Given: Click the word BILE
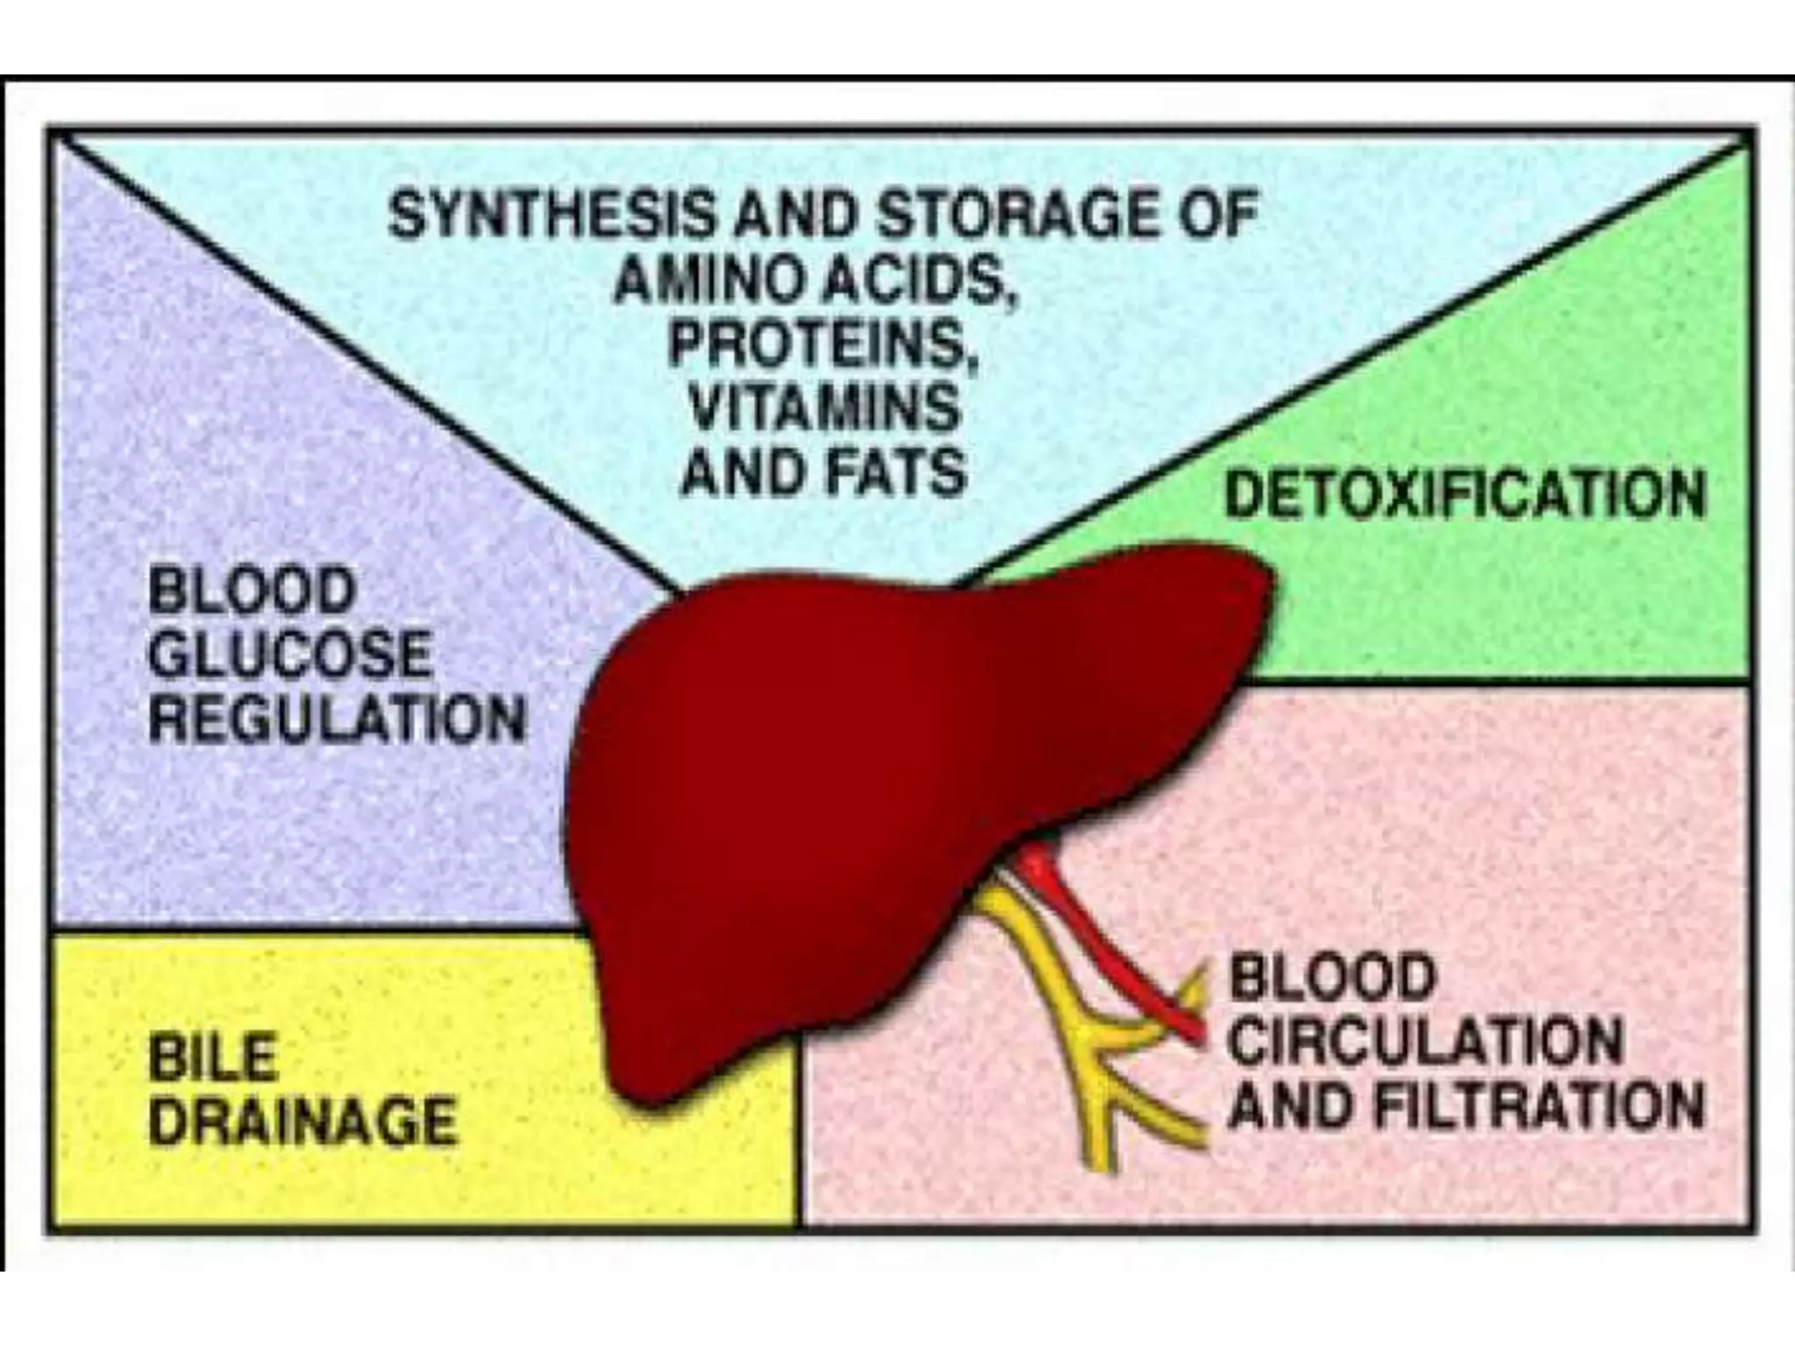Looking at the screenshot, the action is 214,1059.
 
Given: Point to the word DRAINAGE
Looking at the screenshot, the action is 302,1122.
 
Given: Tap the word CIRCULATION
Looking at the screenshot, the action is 1425,1042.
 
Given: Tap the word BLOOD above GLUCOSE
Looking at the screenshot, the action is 252,591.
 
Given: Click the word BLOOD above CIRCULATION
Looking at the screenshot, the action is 1331,977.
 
